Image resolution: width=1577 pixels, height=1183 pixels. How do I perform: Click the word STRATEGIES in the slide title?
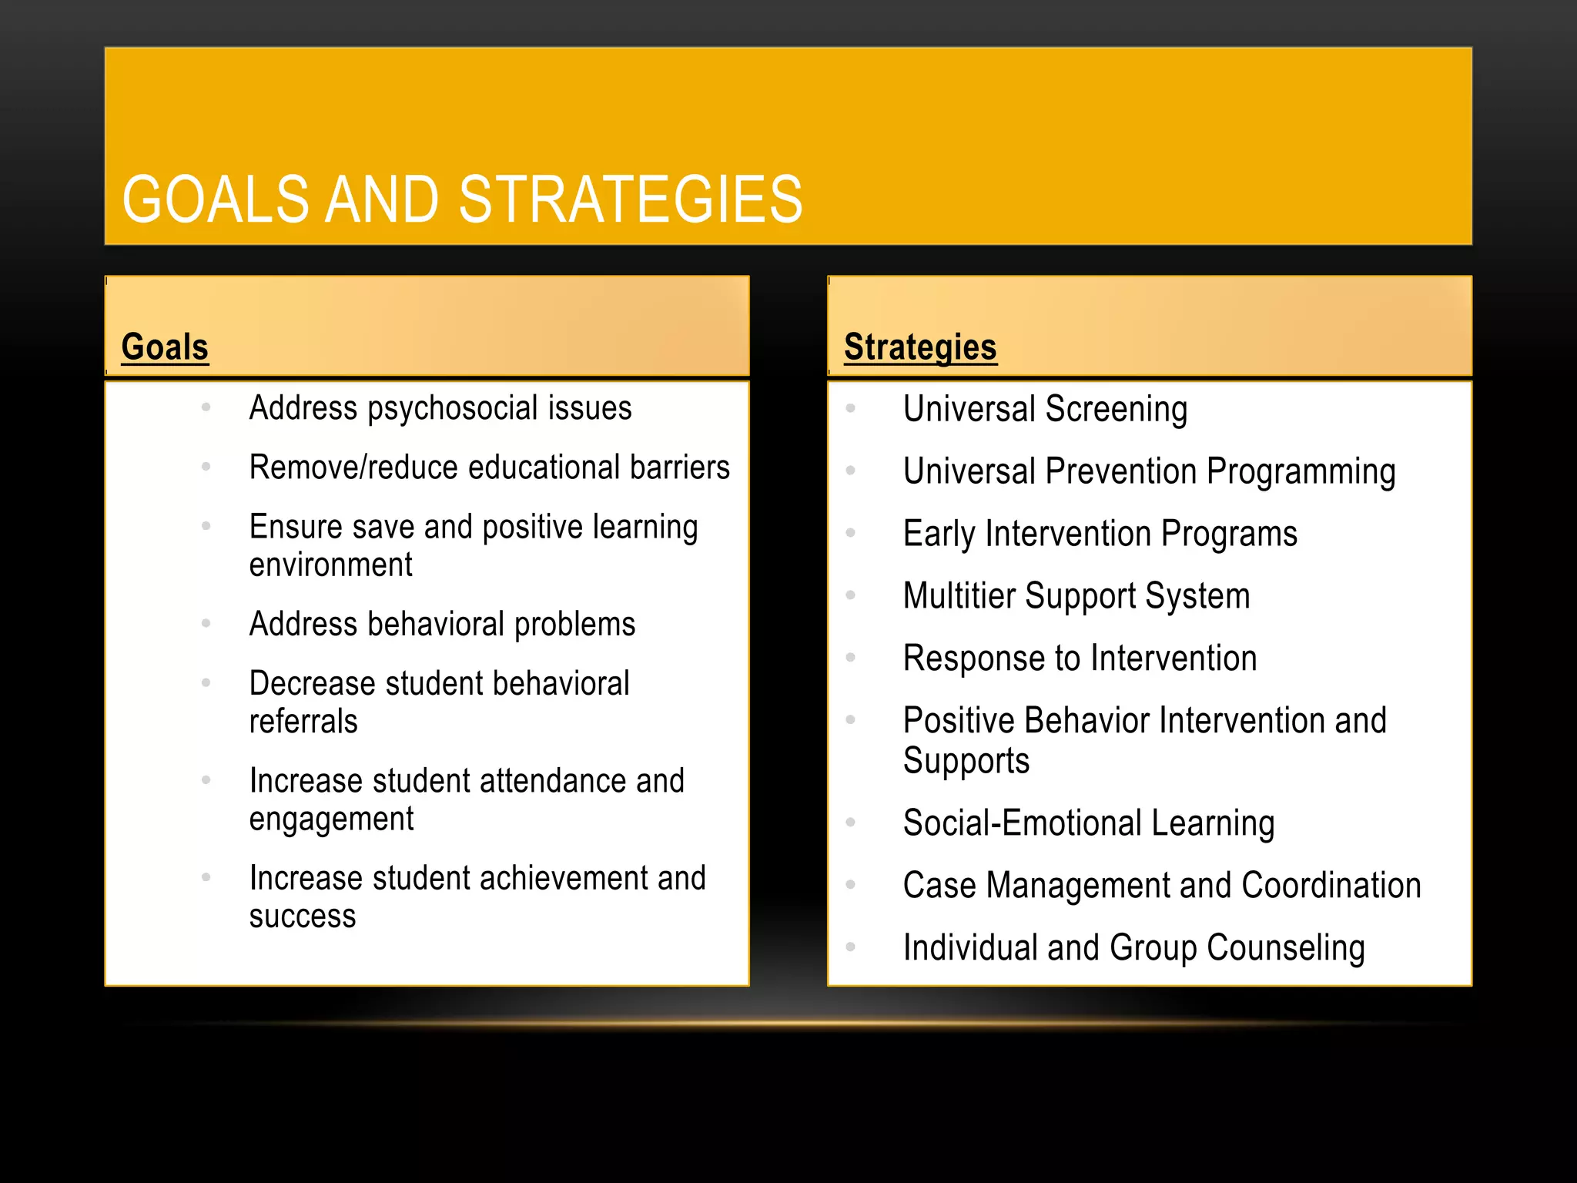pyautogui.click(x=630, y=199)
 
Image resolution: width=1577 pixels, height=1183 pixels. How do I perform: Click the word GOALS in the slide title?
pyautogui.click(x=215, y=199)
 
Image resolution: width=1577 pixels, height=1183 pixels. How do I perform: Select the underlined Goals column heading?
pyautogui.click(x=165, y=347)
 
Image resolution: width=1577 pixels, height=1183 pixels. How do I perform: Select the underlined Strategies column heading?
pyautogui.click(x=920, y=347)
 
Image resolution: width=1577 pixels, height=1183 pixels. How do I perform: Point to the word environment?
pyautogui.click(x=330, y=565)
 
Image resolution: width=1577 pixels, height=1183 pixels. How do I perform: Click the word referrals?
pyautogui.click(x=303, y=722)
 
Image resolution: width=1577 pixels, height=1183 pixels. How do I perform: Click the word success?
pyautogui.click(x=303, y=917)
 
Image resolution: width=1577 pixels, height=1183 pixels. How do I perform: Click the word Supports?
pyautogui.click(x=966, y=761)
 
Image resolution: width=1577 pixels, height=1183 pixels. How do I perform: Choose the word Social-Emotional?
pyautogui.click(x=1022, y=823)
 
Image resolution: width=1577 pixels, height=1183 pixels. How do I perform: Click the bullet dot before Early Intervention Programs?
pyautogui.click(x=851, y=533)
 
